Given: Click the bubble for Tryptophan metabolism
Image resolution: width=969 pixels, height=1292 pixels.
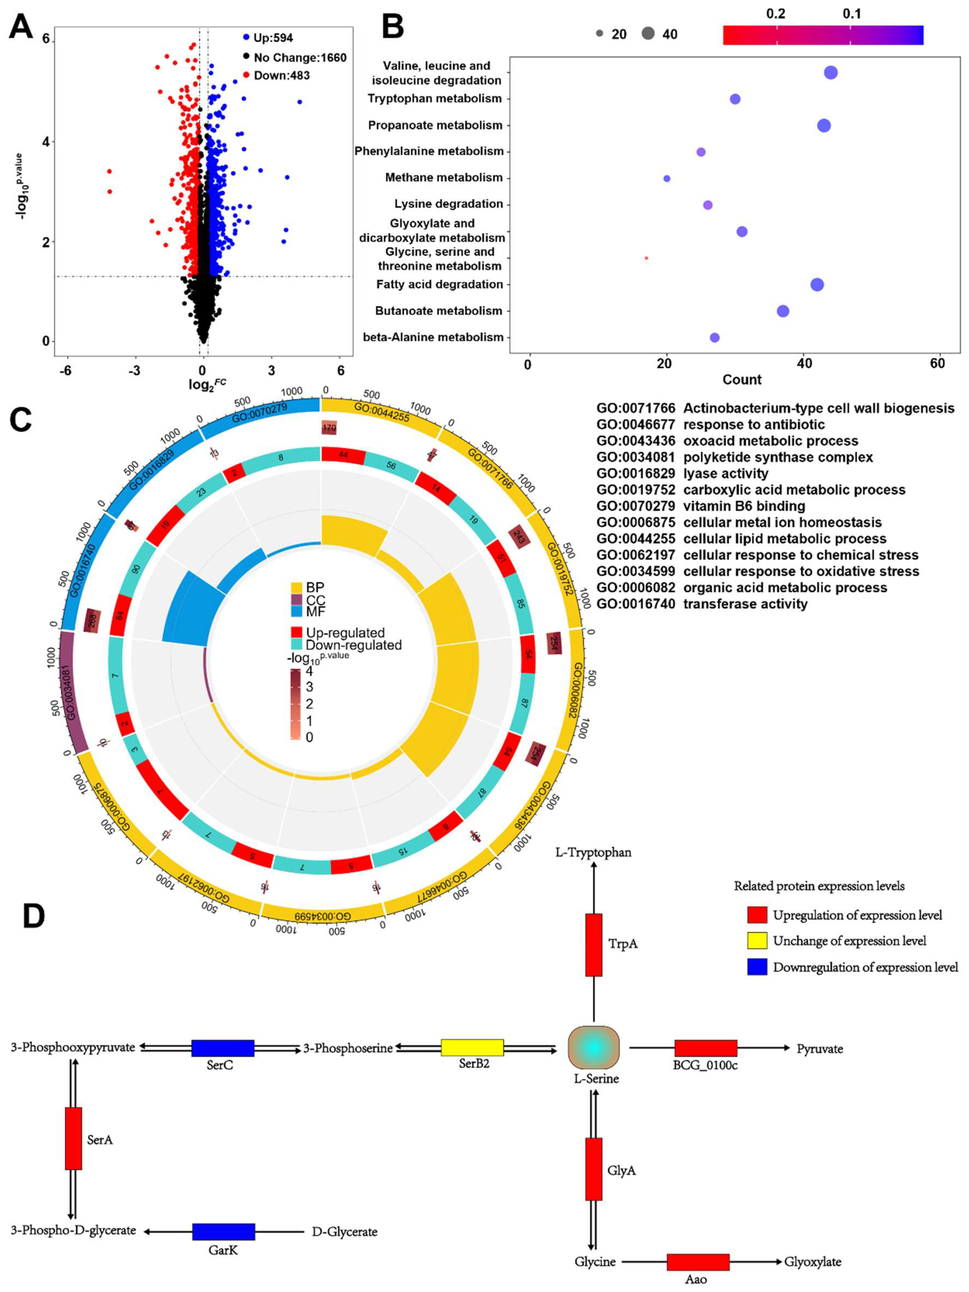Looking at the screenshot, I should point(735,99).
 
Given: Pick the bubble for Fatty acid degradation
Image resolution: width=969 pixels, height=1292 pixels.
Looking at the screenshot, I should point(817,285).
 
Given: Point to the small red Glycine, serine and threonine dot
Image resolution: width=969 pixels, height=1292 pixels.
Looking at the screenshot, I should point(646,258).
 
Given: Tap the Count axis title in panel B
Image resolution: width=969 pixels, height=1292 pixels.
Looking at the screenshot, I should point(742,380).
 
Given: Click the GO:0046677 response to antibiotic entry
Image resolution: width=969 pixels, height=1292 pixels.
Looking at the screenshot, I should point(710,424).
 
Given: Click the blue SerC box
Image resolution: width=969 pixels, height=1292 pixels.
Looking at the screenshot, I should point(222,1048).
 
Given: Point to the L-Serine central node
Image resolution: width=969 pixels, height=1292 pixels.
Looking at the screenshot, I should point(594,1048).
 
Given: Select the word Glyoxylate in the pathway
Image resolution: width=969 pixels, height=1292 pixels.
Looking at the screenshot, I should point(813,1262).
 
